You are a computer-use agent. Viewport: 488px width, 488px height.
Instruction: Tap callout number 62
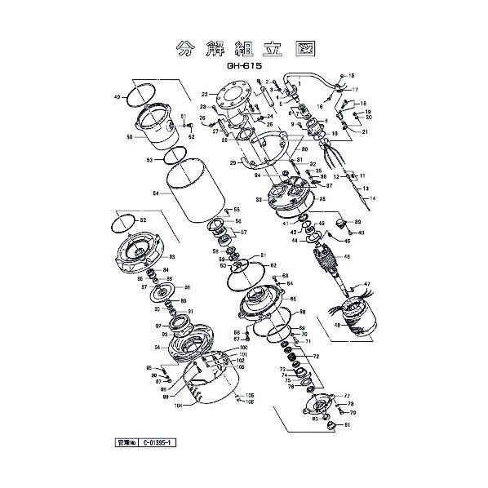tap(274, 266)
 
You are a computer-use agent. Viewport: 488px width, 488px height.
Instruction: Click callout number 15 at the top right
tap(353, 76)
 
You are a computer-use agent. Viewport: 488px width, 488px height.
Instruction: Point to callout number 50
tap(129, 138)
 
